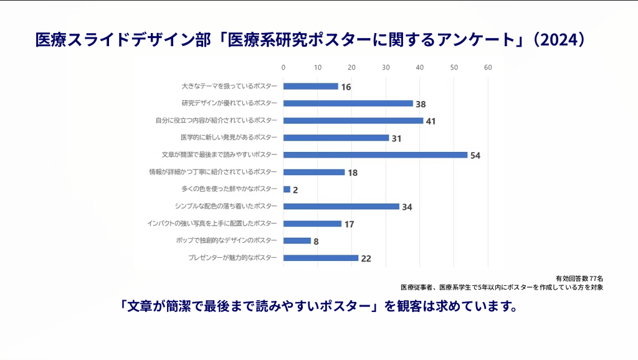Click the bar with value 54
click(x=375, y=154)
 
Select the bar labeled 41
click(x=353, y=120)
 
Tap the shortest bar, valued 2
click(x=287, y=189)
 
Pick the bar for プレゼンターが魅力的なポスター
click(x=321, y=258)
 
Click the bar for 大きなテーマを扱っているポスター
click(x=311, y=86)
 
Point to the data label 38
click(x=421, y=104)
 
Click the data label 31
click(x=397, y=138)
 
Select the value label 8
click(x=316, y=241)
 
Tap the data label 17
click(x=350, y=224)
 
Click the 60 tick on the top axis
click(x=488, y=67)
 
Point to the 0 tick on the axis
click(x=283, y=67)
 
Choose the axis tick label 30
click(x=386, y=67)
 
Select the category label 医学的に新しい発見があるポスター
click(x=229, y=137)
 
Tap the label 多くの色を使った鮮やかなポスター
click(x=228, y=189)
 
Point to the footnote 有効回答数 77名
click(x=579, y=278)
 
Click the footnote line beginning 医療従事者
click(x=502, y=287)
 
